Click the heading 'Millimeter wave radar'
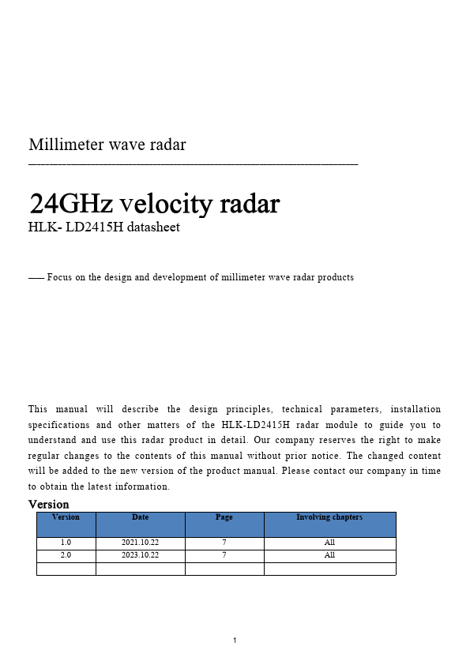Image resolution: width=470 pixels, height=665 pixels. point(107,145)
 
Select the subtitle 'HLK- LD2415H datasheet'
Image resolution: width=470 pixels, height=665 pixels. point(104,227)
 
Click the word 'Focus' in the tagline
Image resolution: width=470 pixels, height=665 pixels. point(60,277)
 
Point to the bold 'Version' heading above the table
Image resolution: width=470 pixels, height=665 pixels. point(48,504)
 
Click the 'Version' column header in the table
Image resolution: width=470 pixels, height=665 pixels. point(66,517)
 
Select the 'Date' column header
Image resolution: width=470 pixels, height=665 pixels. point(140,517)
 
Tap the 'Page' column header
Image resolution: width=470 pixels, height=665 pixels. point(224,517)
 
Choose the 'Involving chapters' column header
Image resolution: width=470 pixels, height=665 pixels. point(329,517)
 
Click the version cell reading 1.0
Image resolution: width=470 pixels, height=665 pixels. point(66,543)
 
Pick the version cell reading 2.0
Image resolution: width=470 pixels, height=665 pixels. point(66,555)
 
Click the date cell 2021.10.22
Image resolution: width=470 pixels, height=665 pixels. point(140,543)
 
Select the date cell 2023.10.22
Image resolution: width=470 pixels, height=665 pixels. point(140,555)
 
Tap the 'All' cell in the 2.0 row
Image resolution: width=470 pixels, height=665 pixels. point(329,555)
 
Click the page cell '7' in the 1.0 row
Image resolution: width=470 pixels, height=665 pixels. point(224,543)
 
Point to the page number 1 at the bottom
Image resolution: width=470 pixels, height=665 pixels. point(235,640)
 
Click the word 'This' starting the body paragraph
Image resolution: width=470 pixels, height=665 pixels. point(38,409)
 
